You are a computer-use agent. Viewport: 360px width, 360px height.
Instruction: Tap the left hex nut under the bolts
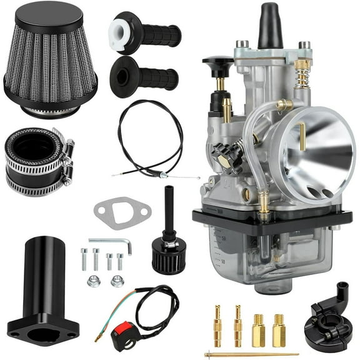click(93, 281)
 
